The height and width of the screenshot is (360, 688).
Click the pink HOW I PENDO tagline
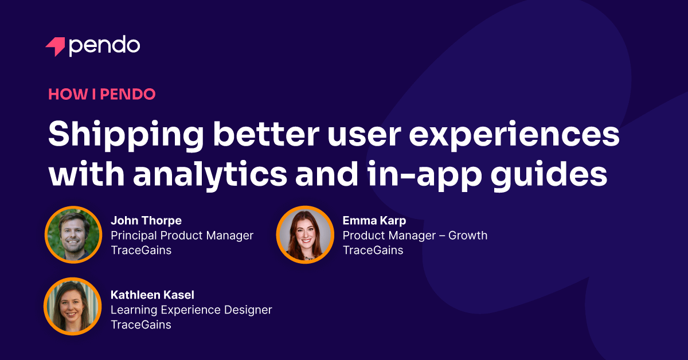click(x=102, y=95)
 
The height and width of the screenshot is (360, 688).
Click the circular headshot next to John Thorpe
click(x=73, y=235)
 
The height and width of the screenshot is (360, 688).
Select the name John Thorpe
click(x=146, y=221)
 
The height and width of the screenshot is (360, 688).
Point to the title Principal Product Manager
click(x=182, y=236)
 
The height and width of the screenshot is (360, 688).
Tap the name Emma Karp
click(x=375, y=221)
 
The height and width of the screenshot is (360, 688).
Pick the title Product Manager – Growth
click(x=415, y=236)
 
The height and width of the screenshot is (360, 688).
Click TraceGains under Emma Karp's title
click(x=373, y=251)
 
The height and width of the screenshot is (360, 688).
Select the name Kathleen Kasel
click(x=153, y=295)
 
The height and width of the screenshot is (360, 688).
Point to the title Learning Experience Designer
click(x=191, y=310)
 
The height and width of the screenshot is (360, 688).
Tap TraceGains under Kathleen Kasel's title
click(x=141, y=325)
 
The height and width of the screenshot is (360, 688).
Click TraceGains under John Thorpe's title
click(x=141, y=251)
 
